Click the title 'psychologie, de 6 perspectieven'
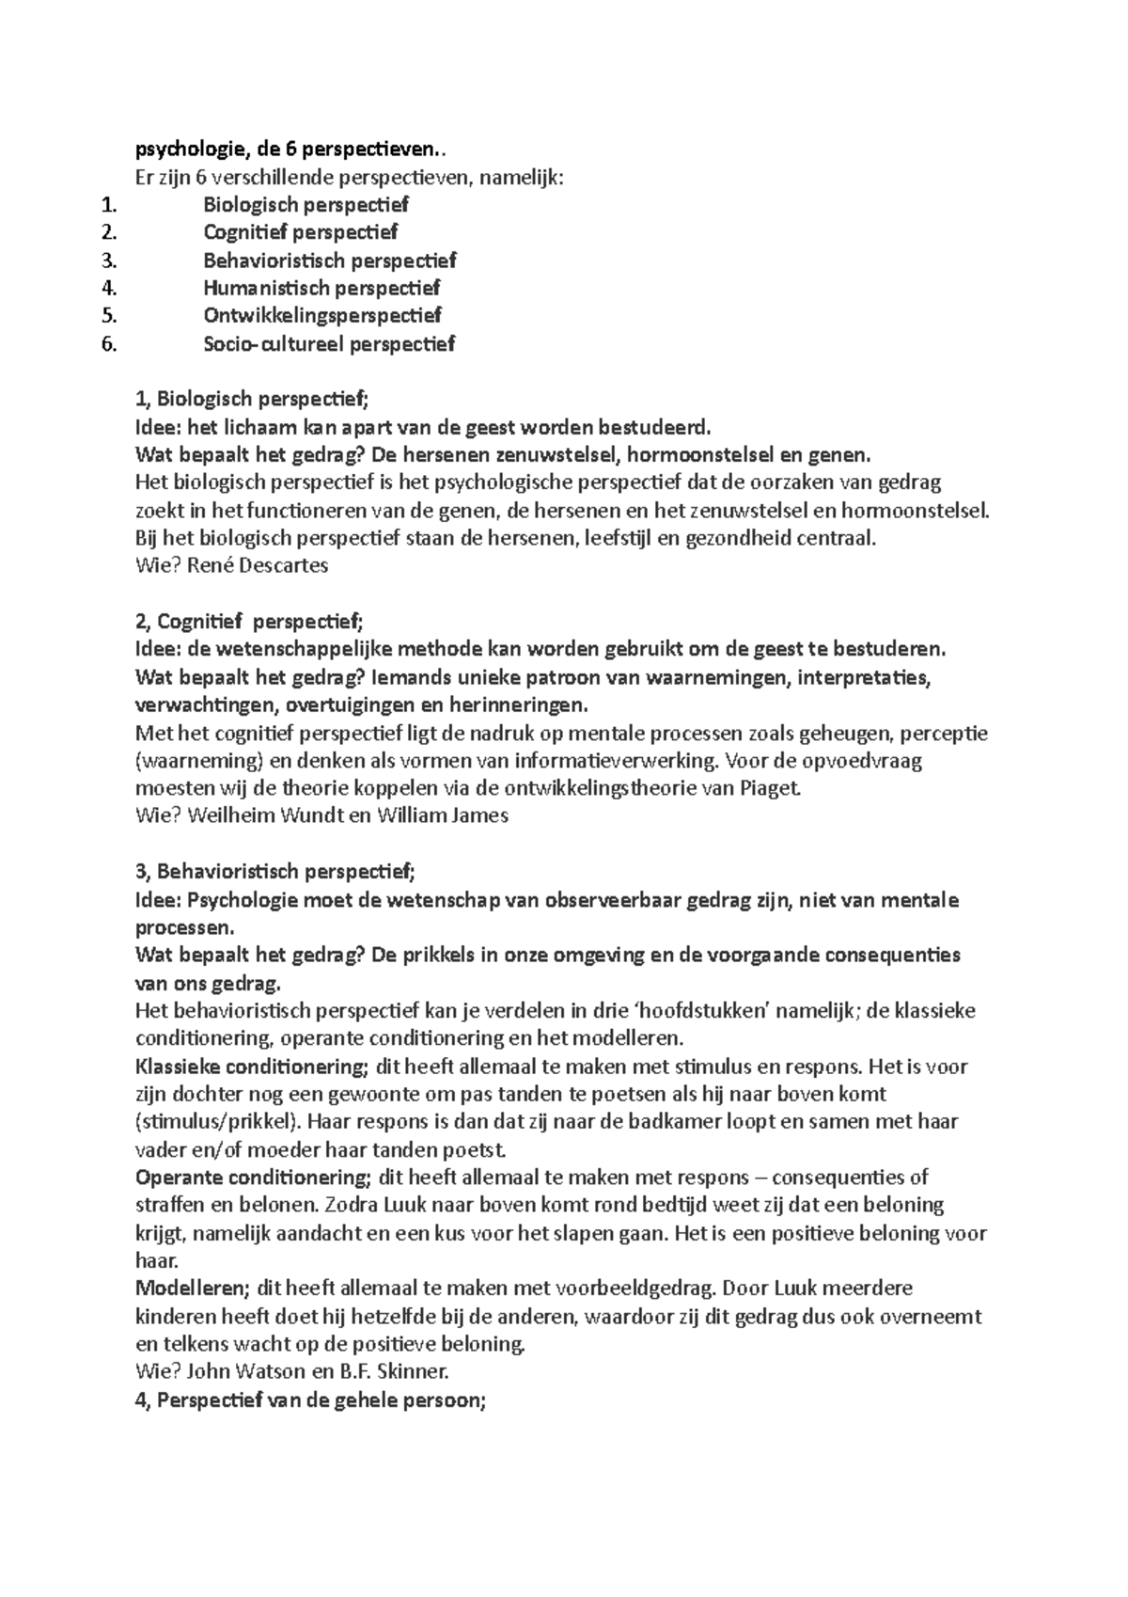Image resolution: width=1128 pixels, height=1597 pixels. [287, 149]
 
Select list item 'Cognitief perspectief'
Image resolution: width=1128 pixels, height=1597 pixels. [300, 231]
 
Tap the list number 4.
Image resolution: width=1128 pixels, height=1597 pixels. [108, 287]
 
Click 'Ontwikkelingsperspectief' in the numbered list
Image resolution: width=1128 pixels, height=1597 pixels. [321, 315]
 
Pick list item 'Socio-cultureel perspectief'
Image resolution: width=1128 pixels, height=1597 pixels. [329, 343]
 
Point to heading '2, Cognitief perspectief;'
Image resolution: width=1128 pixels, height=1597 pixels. [248, 621]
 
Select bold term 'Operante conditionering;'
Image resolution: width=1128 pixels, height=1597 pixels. [253, 1177]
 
